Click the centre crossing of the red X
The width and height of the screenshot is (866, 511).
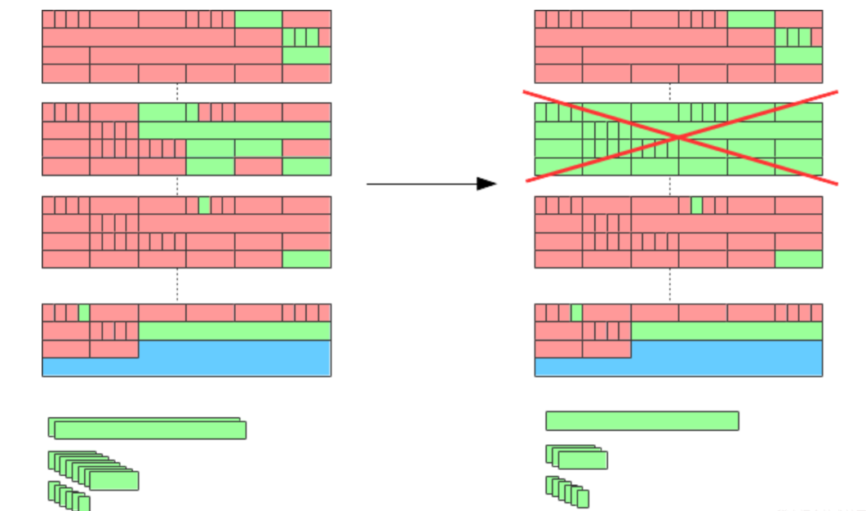tap(679, 137)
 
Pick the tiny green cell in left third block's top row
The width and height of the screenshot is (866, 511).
tap(204, 205)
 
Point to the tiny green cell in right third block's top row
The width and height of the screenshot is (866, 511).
tap(696, 205)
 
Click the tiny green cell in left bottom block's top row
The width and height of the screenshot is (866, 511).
tap(83, 312)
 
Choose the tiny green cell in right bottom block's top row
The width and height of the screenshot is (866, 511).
tap(576, 312)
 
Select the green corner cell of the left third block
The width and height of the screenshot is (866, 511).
tap(306, 259)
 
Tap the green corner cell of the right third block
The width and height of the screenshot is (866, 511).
tap(798, 259)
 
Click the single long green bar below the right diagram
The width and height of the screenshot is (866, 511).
tap(642, 420)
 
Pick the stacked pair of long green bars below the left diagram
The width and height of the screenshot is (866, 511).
tap(148, 429)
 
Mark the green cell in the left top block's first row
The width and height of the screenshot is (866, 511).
tap(258, 20)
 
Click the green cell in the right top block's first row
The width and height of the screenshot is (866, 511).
tap(750, 20)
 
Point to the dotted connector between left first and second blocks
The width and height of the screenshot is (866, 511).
tap(177, 92)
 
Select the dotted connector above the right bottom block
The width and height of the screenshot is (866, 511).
tap(670, 286)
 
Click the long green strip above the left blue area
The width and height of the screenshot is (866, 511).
tap(235, 331)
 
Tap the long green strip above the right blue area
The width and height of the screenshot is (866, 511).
tap(726, 331)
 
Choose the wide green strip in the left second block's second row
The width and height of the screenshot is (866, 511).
tap(235, 130)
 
